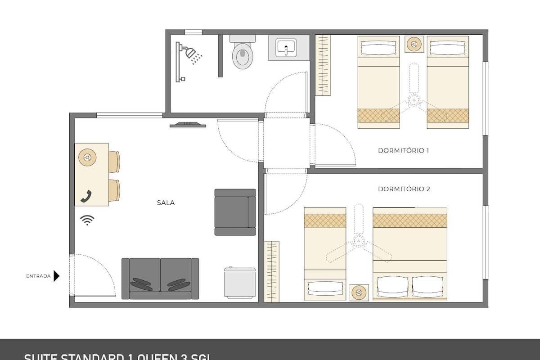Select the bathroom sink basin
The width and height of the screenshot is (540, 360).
tap(286, 47)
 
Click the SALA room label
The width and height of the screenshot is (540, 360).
tap(166, 203)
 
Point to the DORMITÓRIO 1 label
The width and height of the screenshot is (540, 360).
tap(403, 150)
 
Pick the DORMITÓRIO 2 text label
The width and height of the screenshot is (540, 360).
tap(404, 189)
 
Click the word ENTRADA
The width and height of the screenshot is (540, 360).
tap(38, 276)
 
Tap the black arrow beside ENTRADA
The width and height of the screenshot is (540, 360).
tap(56, 276)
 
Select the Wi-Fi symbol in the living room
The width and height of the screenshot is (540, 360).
tap(87, 220)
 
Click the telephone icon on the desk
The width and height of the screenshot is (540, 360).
tap(86, 196)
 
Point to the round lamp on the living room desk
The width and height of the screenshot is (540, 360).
tap(87, 157)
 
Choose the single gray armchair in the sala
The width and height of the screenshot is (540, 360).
tap(235, 212)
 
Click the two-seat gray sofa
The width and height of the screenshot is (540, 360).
tap(160, 279)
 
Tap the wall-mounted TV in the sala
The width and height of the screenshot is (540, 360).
tap(188, 125)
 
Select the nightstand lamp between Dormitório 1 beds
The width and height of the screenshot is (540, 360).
tap(413, 44)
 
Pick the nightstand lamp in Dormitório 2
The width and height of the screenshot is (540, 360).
tap(359, 292)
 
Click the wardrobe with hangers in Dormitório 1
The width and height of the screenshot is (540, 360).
tap(323, 65)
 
